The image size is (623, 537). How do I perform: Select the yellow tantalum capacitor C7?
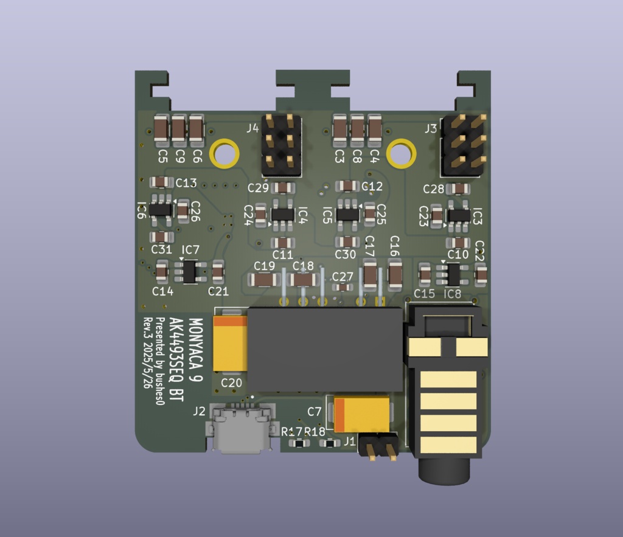point(361,414)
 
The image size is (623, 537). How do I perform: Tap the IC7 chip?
point(189,271)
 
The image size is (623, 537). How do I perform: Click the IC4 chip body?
point(282,214)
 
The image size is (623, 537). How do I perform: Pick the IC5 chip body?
point(348,214)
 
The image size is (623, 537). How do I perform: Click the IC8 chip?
point(453,274)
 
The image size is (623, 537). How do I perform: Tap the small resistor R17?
point(298,443)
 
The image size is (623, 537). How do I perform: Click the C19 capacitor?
point(264,280)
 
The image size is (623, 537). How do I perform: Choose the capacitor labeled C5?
point(161,129)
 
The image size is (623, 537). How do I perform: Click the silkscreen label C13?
point(186,182)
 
